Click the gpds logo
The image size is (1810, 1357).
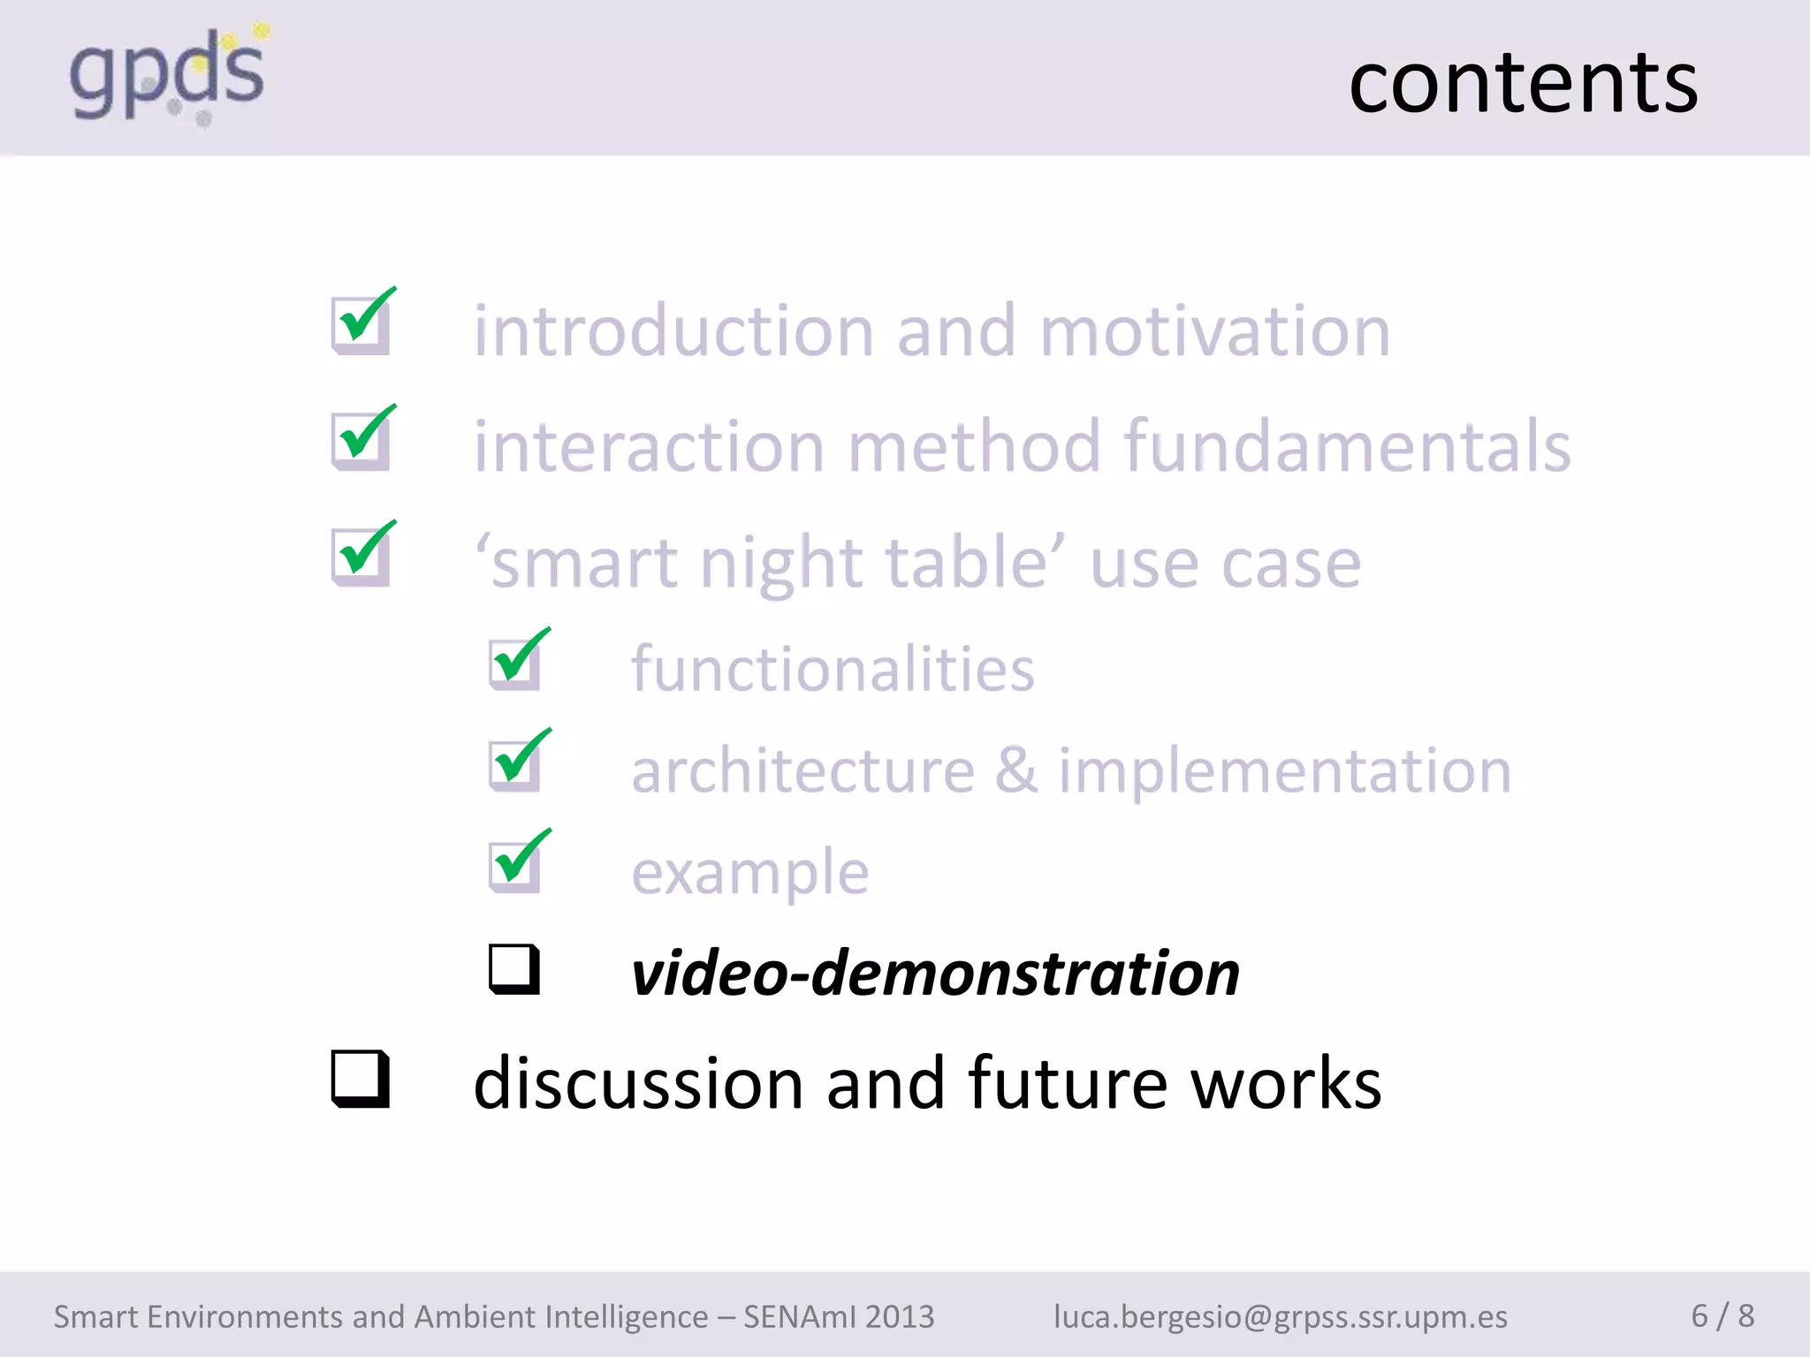pyautogui.click(x=168, y=75)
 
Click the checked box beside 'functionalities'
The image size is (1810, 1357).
pyautogui.click(x=515, y=663)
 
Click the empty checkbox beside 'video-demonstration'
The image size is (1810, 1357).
pyautogui.click(x=514, y=969)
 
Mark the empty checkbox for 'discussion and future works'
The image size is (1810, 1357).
pyautogui.click(x=360, y=1079)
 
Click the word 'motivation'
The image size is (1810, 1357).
pyautogui.click(x=1215, y=331)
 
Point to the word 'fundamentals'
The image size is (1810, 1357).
pyautogui.click(x=1348, y=447)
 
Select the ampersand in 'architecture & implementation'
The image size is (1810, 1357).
pyautogui.click(x=1016, y=770)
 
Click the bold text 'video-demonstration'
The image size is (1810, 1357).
pyautogui.click(x=935, y=974)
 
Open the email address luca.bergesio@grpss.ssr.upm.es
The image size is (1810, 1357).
pyautogui.click(x=1280, y=1316)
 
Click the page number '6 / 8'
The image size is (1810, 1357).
pyautogui.click(x=1722, y=1315)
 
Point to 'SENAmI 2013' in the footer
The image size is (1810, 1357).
pyautogui.click(x=838, y=1316)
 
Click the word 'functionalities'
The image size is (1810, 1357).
pyautogui.click(x=833, y=670)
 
